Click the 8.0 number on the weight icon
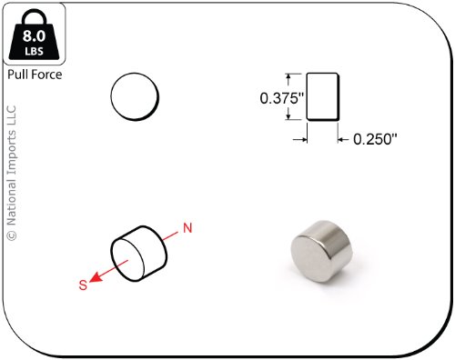[x=34, y=35]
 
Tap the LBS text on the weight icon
[x=34, y=51]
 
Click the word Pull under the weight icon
[x=17, y=75]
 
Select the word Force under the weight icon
[x=46, y=75]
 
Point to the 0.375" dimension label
[x=282, y=98]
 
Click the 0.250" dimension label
[x=375, y=139]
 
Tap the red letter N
[x=187, y=228]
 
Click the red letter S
[x=83, y=285]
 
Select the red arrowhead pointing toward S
[x=95, y=277]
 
